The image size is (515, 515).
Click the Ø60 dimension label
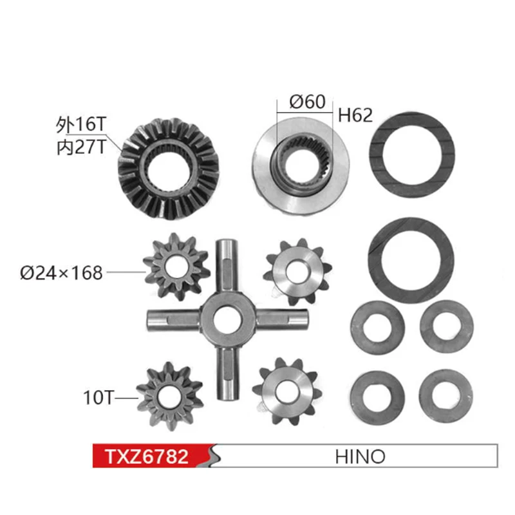click(307, 101)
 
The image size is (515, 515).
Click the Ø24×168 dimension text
click(61, 273)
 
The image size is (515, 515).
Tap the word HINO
click(360, 456)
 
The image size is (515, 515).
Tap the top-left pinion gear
click(176, 265)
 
